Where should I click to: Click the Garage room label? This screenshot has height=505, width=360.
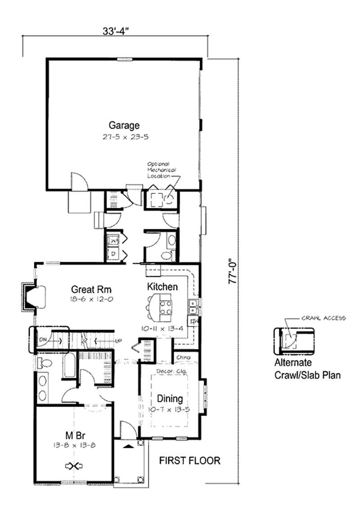(x=124, y=125)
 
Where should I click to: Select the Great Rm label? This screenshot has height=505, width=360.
(x=91, y=289)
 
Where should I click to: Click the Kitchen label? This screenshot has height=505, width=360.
(x=162, y=286)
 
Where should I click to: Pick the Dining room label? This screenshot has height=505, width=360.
(x=170, y=398)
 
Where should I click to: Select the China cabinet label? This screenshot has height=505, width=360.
(x=183, y=358)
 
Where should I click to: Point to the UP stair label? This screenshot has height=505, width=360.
(x=118, y=340)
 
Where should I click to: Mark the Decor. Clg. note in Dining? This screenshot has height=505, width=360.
(x=169, y=371)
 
